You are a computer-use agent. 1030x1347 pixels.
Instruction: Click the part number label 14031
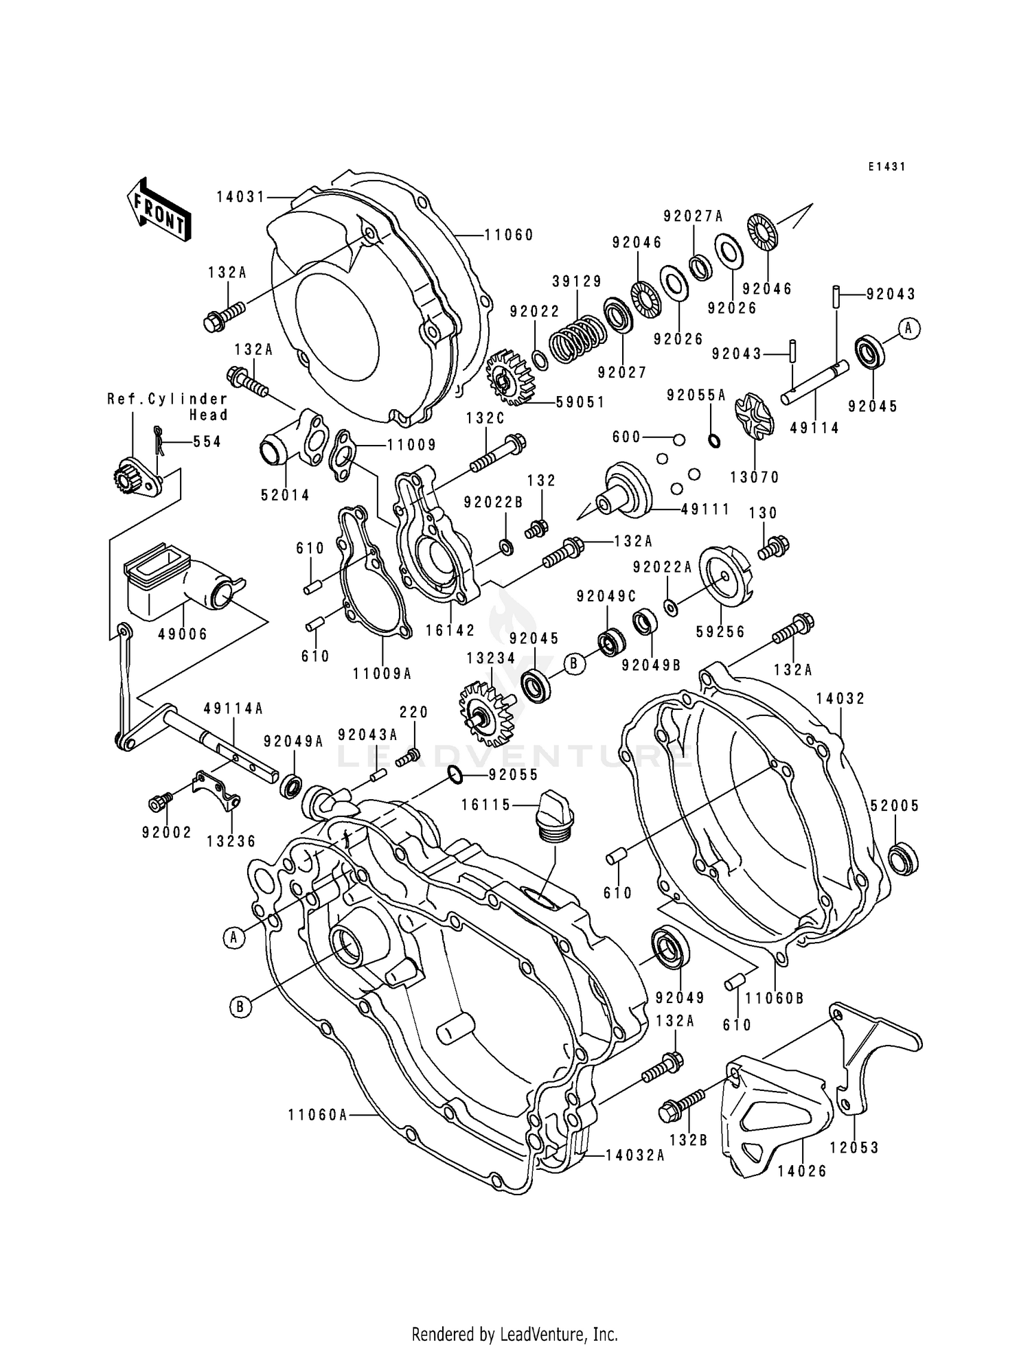click(x=240, y=197)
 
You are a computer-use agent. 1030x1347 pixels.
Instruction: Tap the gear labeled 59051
click(x=510, y=380)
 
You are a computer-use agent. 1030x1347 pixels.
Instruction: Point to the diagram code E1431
click(x=886, y=167)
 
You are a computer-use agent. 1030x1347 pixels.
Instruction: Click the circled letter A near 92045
click(x=908, y=329)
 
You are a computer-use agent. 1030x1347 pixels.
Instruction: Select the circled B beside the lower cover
click(x=240, y=1007)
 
